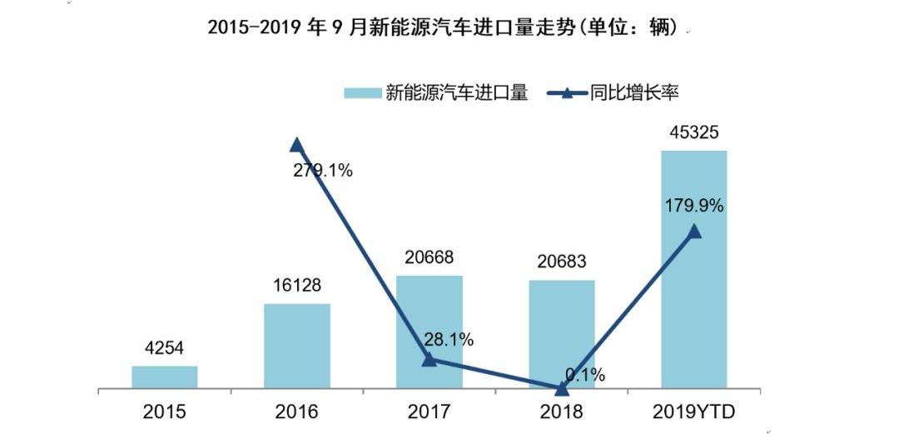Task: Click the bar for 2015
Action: pyautogui.click(x=165, y=377)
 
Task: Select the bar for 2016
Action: pyautogui.click(x=297, y=346)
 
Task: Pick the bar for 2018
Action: pyautogui.click(x=562, y=333)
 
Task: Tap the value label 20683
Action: pyautogui.click(x=562, y=262)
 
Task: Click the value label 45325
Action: pyautogui.click(x=694, y=132)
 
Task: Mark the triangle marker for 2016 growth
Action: pyautogui.click(x=296, y=144)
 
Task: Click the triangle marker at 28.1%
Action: pyautogui.click(x=429, y=359)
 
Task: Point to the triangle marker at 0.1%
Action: pyautogui.click(x=562, y=388)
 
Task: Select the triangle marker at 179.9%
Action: pyautogui.click(x=694, y=232)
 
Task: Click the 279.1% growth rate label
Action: pyautogui.click(x=322, y=171)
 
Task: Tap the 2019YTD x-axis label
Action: pyautogui.click(x=695, y=412)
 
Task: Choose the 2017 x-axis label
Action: pyautogui.click(x=429, y=412)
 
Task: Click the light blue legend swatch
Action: pyautogui.click(x=361, y=93)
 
